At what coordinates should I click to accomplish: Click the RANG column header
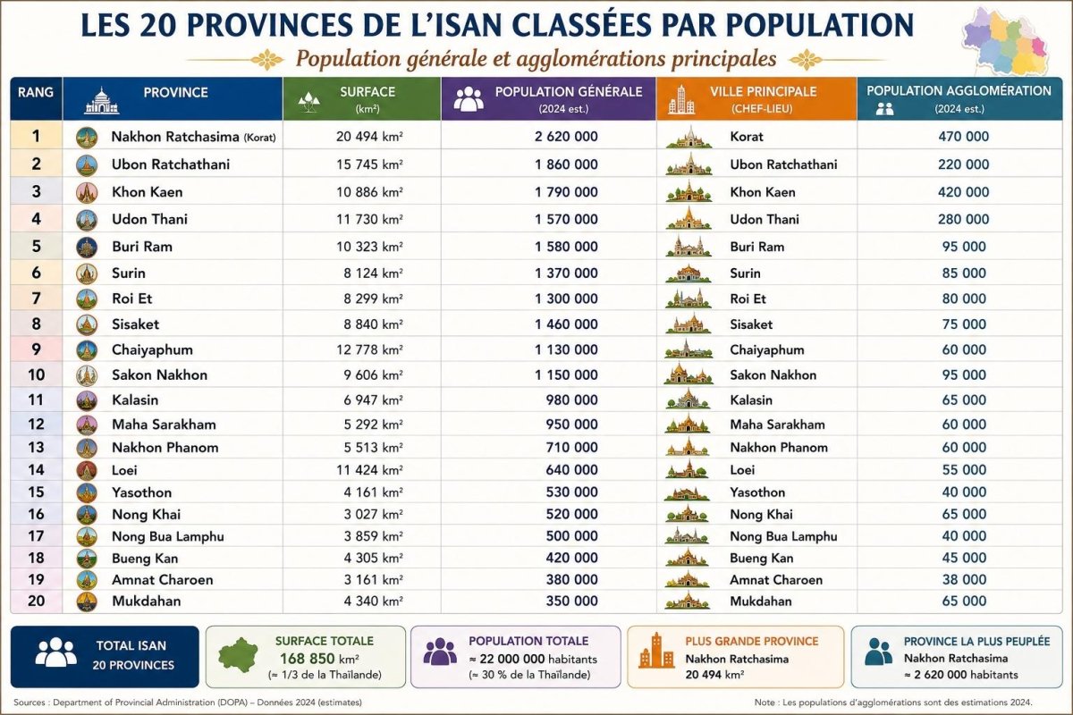coord(36,92)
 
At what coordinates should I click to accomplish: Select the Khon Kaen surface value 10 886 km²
coord(369,192)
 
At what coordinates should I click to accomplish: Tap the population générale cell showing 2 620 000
coord(566,137)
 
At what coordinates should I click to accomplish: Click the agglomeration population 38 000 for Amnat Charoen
coord(964,579)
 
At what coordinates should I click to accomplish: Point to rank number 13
coord(36,447)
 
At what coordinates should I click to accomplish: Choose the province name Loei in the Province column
coord(124,470)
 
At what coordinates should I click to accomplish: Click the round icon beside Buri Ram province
coord(87,247)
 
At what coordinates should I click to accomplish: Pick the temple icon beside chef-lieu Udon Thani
coord(689,218)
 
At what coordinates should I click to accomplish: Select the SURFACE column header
coord(368,92)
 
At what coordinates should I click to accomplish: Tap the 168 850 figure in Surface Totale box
coord(307,659)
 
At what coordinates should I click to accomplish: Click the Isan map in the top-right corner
coord(1006,41)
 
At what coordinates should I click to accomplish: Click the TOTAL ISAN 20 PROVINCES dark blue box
coord(105,657)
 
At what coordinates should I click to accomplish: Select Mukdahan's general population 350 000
coord(572,601)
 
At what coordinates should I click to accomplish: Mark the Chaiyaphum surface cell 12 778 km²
coord(369,350)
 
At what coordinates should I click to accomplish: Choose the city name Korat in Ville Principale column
coord(747,137)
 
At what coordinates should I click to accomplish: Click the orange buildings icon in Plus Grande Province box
coord(656,651)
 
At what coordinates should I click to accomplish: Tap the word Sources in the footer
coord(30,702)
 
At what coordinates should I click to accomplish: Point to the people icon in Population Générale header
coord(469,98)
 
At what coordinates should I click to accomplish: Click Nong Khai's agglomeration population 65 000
coord(964,514)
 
